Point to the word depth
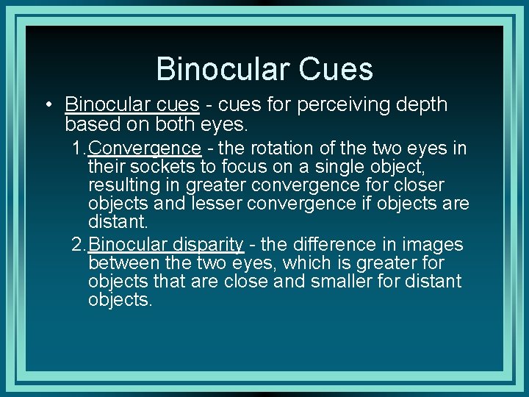[x=420, y=105]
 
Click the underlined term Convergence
[x=144, y=149]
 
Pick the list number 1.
[x=78, y=149]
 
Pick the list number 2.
[x=78, y=244]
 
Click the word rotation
[x=276, y=149]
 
